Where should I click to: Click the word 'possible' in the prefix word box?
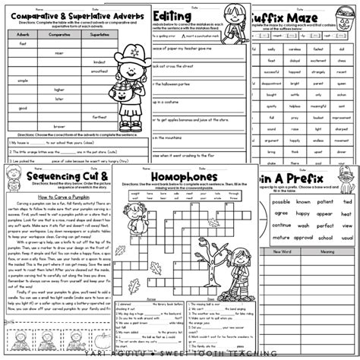coord(281,203)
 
